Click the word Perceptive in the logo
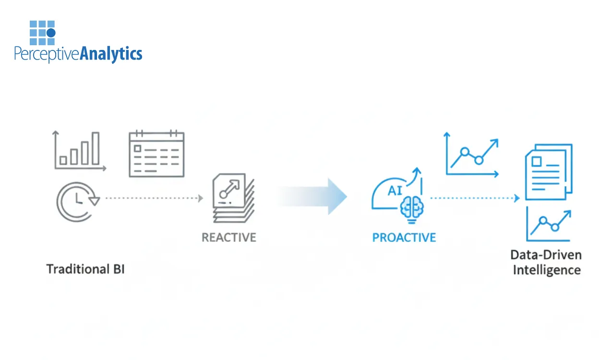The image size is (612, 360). (x=46, y=54)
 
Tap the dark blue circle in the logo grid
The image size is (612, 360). (x=51, y=33)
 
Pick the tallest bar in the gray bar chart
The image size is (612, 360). (x=96, y=148)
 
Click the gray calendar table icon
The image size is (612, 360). (x=156, y=154)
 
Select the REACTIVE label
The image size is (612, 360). (x=228, y=237)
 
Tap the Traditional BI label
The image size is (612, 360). (x=85, y=269)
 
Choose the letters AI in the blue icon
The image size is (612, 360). (x=395, y=190)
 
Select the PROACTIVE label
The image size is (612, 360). (x=404, y=237)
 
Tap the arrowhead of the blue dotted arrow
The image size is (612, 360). (x=517, y=198)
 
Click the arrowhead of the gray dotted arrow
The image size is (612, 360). (x=200, y=198)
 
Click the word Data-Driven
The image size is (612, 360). (x=546, y=254)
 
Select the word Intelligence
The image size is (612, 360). (x=546, y=270)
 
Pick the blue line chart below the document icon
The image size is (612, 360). (x=549, y=225)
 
